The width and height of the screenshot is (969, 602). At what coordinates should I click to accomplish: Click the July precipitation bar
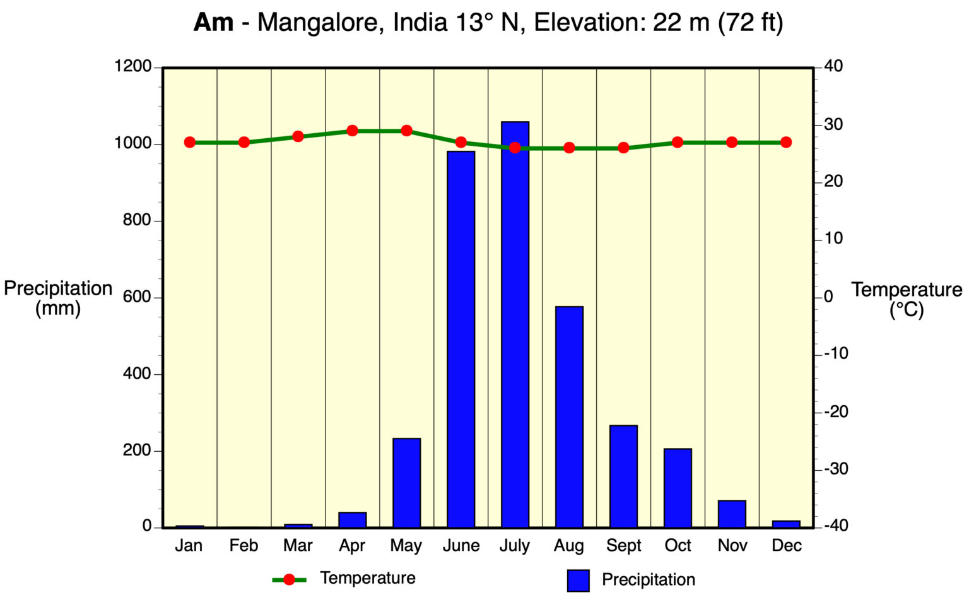click(x=515, y=324)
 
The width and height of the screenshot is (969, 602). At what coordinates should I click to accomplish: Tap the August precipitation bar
click(x=569, y=416)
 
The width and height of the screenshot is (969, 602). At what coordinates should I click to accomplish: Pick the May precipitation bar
click(x=406, y=483)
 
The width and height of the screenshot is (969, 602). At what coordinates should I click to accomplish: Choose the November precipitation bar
click(x=732, y=514)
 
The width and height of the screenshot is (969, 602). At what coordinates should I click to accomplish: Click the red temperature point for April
click(x=352, y=131)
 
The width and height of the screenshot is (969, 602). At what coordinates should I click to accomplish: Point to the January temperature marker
click(x=190, y=142)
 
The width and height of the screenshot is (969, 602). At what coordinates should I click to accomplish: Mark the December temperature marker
click(x=786, y=142)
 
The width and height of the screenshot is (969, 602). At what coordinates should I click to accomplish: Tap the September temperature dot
click(x=623, y=148)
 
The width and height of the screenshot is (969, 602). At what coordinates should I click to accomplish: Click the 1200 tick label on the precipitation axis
click(x=132, y=66)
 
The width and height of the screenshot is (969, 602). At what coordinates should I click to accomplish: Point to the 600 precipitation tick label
click(x=137, y=297)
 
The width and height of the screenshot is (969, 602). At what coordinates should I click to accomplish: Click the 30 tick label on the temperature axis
click(x=833, y=124)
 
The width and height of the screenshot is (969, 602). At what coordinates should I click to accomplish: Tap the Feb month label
click(x=244, y=545)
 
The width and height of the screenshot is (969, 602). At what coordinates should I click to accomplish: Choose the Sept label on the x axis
click(x=623, y=545)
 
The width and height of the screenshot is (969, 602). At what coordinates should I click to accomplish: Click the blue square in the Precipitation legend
click(x=578, y=580)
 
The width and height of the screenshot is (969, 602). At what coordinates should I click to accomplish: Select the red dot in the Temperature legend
click(x=289, y=579)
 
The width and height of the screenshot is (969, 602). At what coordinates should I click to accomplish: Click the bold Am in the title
click(x=213, y=23)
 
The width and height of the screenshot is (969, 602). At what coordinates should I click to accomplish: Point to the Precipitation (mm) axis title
click(x=58, y=298)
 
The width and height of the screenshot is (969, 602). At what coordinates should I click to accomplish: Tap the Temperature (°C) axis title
click(x=907, y=299)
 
